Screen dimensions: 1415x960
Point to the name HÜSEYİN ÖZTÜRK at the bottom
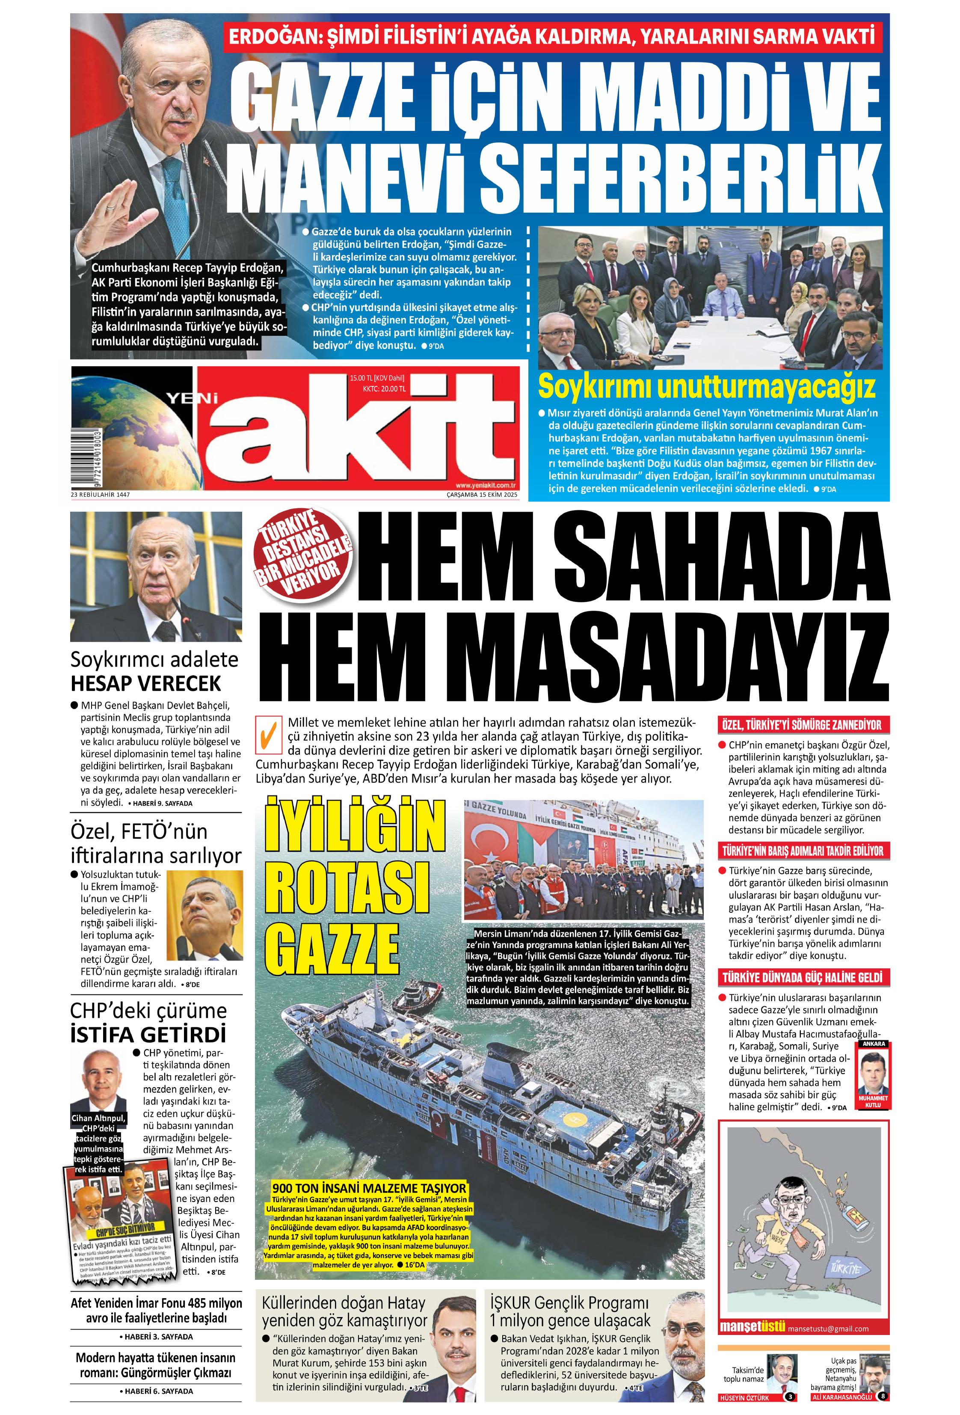point(744,1398)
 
